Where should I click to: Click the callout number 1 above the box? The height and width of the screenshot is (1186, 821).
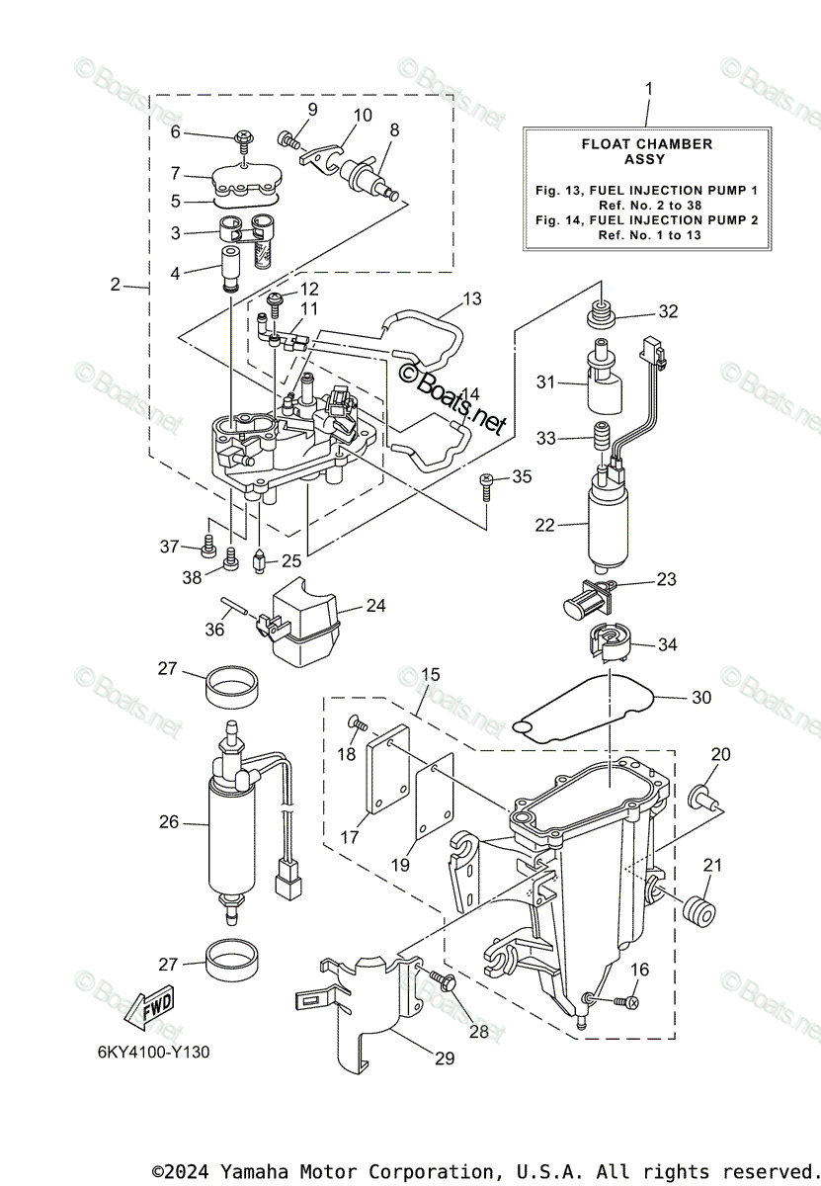[x=648, y=89]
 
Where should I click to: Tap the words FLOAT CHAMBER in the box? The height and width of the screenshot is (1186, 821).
[x=647, y=144]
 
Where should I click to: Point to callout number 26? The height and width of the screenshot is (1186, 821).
[x=170, y=820]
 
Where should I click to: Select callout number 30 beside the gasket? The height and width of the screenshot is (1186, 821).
[x=700, y=697]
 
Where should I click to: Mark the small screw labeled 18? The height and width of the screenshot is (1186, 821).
[x=354, y=725]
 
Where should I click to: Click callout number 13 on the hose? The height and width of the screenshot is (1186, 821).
[x=472, y=298]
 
